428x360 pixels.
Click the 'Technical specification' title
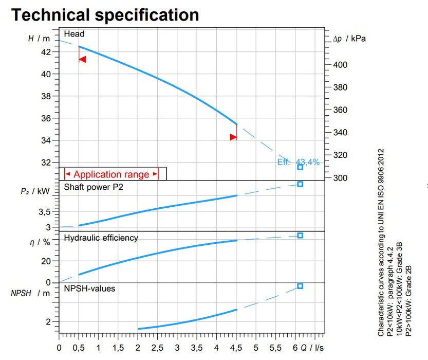coord(105,14)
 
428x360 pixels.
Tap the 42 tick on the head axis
coord(46,52)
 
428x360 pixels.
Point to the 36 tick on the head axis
coord(46,118)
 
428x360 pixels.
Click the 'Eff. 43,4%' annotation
coord(299,162)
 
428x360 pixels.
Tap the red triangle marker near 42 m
coord(82,60)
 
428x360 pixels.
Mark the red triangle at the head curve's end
coord(233,137)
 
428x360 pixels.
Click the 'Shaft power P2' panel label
coord(94,187)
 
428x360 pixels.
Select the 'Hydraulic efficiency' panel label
coord(101,238)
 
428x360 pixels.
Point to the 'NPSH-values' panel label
coord(89,289)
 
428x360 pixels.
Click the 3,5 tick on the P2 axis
coord(45,211)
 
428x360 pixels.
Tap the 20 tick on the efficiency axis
coord(46,261)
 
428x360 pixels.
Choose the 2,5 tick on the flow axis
coord(158,348)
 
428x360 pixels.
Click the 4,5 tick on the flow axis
coord(236,348)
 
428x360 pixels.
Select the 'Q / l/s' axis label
coord(313,348)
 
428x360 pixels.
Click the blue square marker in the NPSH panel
coord(301,286)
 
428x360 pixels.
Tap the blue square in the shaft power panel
coord(301,184)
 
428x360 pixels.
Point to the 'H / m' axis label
coord(39,39)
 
